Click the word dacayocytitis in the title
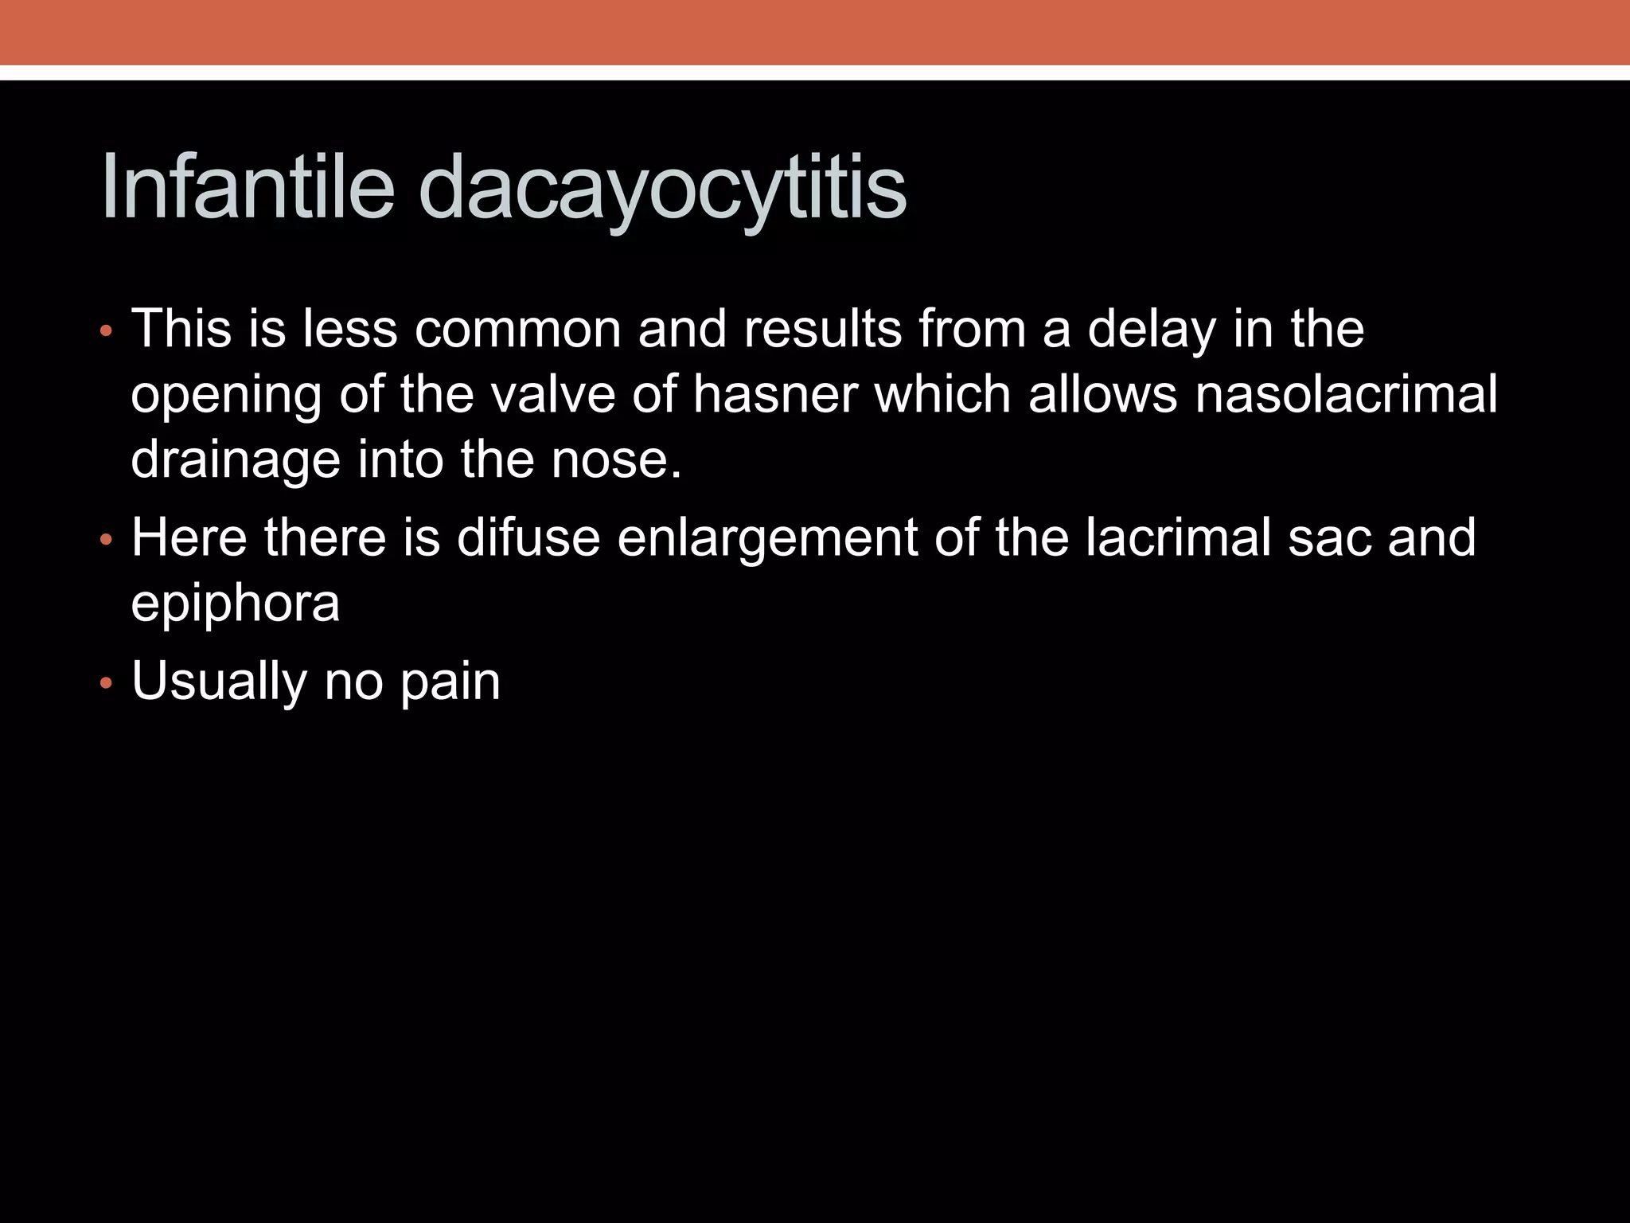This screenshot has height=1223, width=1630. click(662, 190)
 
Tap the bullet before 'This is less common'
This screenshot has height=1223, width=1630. click(105, 330)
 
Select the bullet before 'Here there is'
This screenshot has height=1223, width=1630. click(105, 540)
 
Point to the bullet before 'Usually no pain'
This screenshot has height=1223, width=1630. click(105, 683)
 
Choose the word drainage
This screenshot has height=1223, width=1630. click(236, 461)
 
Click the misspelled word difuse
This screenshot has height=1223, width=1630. click(528, 537)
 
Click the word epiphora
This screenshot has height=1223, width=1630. click(236, 604)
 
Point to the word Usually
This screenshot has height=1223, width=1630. click(219, 682)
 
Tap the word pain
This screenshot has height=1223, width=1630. click(450, 682)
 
